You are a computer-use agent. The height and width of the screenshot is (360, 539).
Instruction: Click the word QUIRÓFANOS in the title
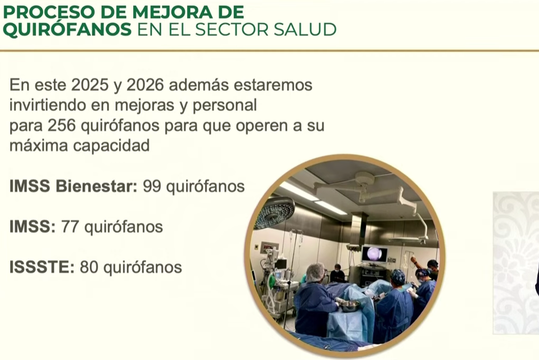67,30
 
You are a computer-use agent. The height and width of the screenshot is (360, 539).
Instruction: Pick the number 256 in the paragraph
61,125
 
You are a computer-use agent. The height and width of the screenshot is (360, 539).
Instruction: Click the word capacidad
111,146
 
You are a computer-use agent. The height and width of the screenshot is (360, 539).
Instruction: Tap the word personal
224,106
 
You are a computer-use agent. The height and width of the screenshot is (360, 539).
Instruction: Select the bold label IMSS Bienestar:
73,186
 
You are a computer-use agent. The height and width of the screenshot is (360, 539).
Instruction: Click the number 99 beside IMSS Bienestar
152,186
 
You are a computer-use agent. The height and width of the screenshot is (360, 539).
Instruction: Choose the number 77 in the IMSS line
70,227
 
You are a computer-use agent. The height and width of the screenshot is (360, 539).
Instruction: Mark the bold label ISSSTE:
42,267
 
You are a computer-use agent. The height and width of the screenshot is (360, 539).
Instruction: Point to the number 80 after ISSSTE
89,267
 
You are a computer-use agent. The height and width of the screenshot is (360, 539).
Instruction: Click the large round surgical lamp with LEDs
274,212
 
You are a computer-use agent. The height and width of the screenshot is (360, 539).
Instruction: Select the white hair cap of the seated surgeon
315,272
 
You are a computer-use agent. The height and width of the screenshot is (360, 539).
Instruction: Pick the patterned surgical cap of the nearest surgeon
398,276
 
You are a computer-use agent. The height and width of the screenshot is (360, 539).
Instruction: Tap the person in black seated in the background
338,274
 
